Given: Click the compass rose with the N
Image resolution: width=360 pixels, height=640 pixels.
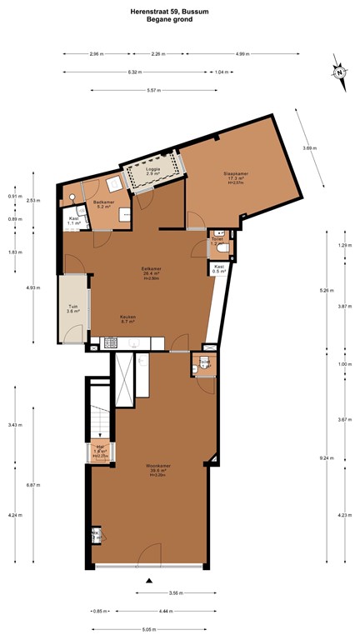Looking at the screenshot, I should (x=340, y=72).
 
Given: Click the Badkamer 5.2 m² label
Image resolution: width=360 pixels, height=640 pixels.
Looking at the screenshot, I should (x=103, y=204).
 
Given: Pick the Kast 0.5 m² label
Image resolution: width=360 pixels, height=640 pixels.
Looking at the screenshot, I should (x=220, y=268).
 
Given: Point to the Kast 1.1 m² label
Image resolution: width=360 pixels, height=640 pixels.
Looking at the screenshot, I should (x=74, y=222).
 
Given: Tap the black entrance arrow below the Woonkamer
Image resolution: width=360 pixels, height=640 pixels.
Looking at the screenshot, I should (x=149, y=580).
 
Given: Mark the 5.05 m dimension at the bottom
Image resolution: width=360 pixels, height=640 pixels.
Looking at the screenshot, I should (x=150, y=630).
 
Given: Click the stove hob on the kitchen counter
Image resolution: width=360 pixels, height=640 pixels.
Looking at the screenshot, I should (x=111, y=341).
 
